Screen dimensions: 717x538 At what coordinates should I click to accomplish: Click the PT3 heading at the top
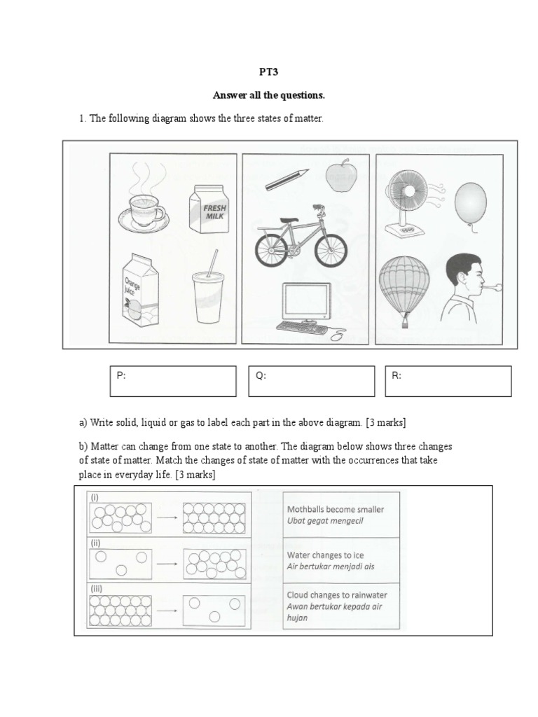point(268,70)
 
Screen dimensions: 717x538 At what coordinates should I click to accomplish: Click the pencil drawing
point(287,179)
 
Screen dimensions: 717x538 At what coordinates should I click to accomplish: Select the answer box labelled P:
point(173,381)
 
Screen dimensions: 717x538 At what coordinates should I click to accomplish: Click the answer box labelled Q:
point(311,381)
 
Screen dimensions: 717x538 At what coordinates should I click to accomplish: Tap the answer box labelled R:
point(449,381)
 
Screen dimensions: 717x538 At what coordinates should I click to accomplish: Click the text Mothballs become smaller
point(335,509)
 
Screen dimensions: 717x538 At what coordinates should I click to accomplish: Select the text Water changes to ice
point(324,555)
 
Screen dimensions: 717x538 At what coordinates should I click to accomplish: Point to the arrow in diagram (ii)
point(167,562)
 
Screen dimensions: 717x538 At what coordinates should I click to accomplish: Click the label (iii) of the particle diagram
point(96,589)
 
